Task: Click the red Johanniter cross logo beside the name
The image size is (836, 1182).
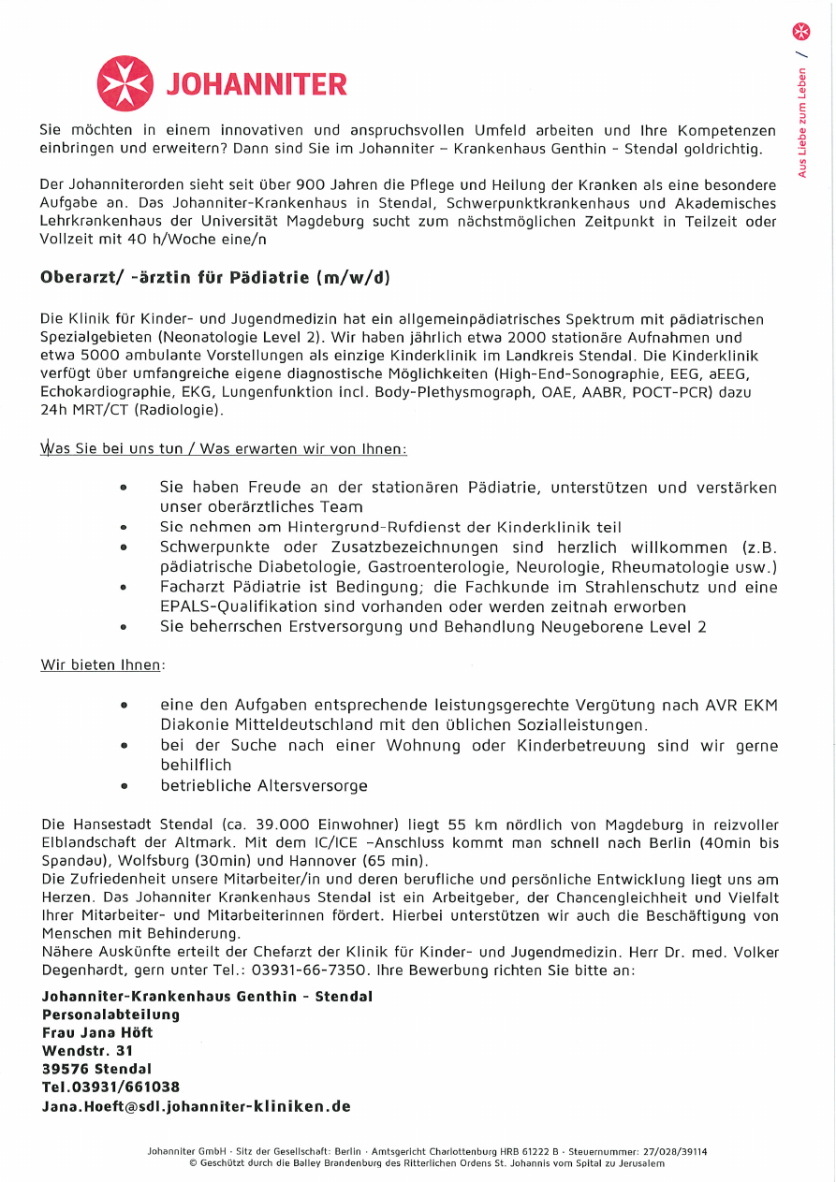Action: [x=125, y=84]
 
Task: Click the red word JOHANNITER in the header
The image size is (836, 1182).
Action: [x=257, y=85]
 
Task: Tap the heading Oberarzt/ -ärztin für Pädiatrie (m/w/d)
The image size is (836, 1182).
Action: [x=215, y=277]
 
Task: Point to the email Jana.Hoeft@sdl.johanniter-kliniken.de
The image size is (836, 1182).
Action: [x=196, y=1105]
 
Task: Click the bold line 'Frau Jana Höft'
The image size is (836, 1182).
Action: [x=97, y=1032]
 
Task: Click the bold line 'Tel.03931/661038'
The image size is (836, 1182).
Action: [x=110, y=1087]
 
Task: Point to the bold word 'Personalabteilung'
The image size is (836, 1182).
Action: [x=110, y=1014]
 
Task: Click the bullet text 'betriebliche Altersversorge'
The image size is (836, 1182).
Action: [x=264, y=785]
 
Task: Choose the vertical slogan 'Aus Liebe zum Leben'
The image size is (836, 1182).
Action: [x=801, y=123]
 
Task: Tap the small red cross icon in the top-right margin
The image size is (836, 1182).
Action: [x=801, y=32]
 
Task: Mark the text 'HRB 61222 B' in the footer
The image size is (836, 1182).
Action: [x=525, y=1151]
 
